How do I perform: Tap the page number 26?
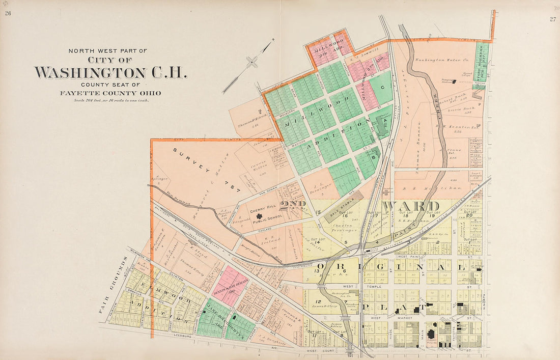(8, 13)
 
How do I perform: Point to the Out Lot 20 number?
(468, 215)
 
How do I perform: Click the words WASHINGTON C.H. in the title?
(110, 72)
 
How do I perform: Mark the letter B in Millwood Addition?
(373, 157)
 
